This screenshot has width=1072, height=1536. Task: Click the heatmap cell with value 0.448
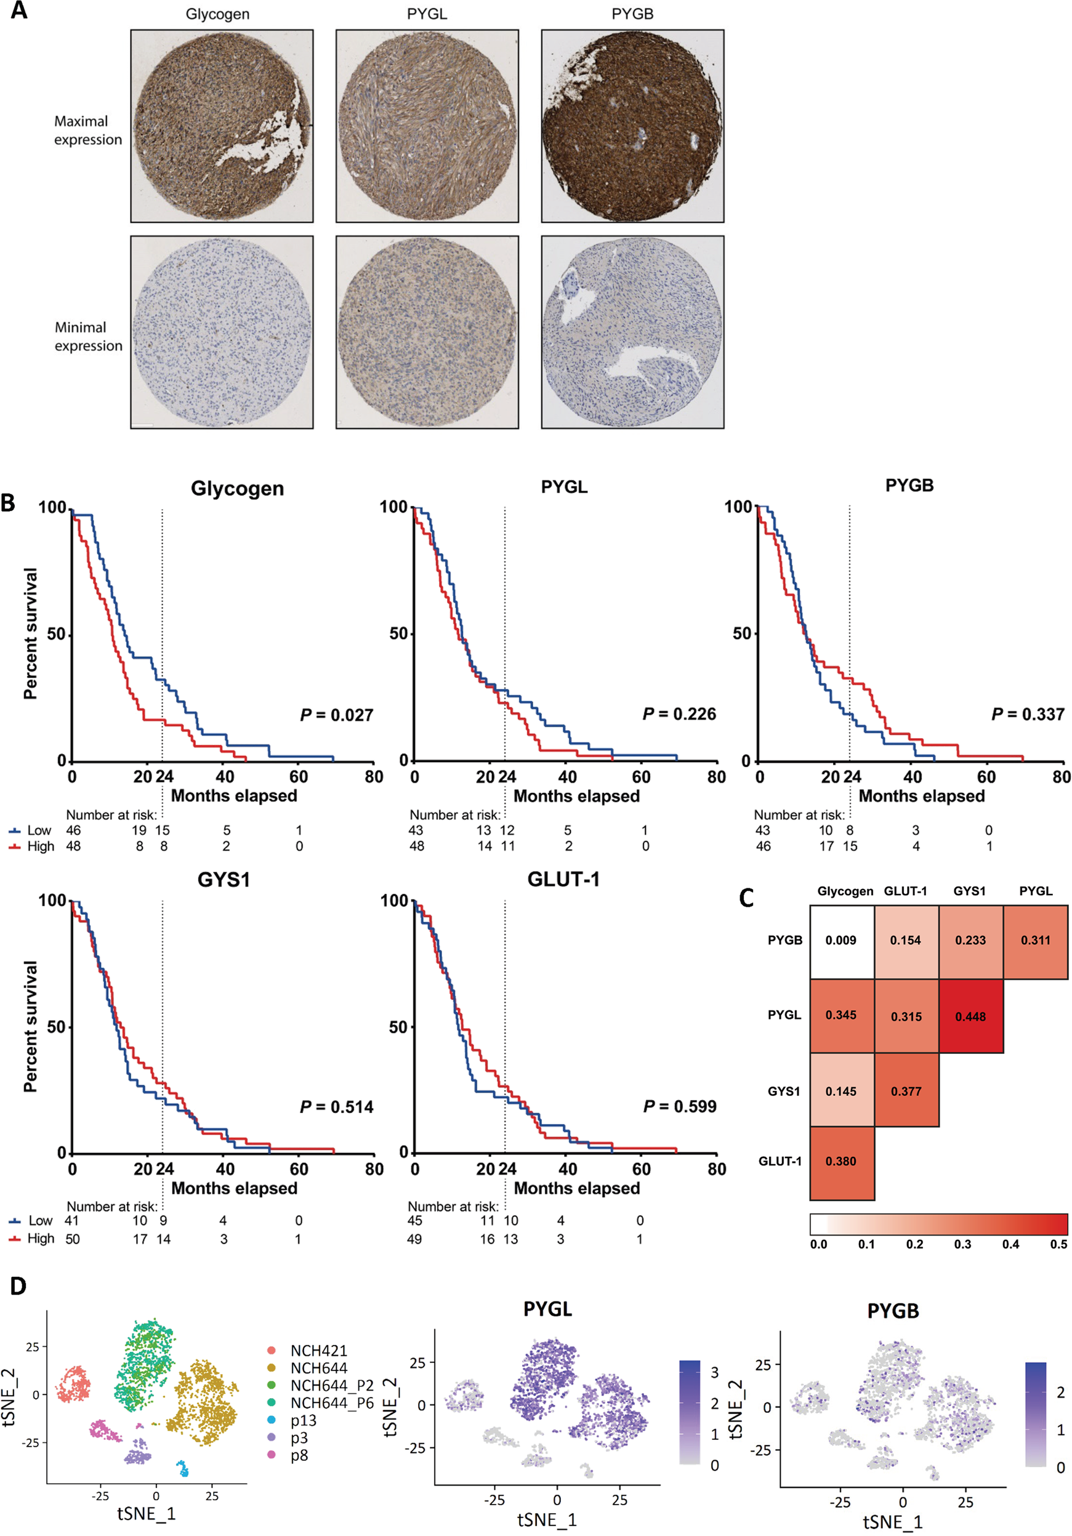pyautogui.click(x=970, y=1016)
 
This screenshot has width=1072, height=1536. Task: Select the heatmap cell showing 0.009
pyautogui.click(x=840, y=940)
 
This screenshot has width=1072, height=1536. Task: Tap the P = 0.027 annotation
pyautogui.click(x=337, y=715)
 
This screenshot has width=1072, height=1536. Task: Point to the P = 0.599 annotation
pyautogui.click(x=679, y=1106)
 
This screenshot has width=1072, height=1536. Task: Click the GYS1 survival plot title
pyautogui.click(x=224, y=879)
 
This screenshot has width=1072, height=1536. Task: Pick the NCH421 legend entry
pyautogui.click(x=318, y=1351)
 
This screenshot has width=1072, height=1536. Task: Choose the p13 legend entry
pyautogui.click(x=303, y=1420)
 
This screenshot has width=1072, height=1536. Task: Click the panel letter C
pyautogui.click(x=747, y=898)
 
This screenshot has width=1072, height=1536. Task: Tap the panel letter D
pyautogui.click(x=18, y=1286)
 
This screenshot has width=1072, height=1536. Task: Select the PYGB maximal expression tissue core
pyautogui.click(x=632, y=126)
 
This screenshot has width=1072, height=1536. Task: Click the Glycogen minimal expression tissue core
pyautogui.click(x=222, y=332)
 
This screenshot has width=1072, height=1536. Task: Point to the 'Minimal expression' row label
pyautogui.click(x=88, y=337)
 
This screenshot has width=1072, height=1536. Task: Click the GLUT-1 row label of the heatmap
pyautogui.click(x=780, y=1161)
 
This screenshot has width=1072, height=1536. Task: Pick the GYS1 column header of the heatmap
pyautogui.click(x=969, y=891)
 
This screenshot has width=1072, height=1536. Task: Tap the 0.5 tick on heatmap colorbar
pyautogui.click(x=1058, y=1244)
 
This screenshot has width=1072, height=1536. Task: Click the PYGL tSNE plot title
pyautogui.click(x=547, y=1309)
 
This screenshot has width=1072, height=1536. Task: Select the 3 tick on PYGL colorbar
pyautogui.click(x=714, y=1372)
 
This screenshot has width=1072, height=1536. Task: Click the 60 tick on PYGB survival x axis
pyautogui.click(x=986, y=777)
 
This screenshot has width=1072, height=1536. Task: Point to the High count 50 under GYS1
pyautogui.click(x=72, y=1239)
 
